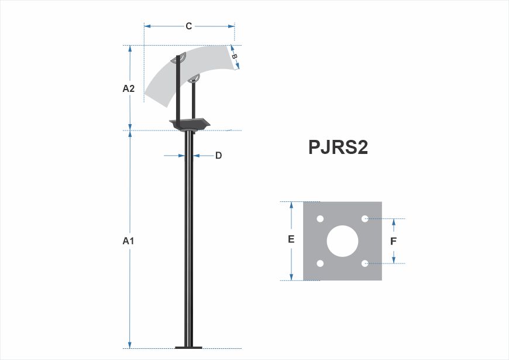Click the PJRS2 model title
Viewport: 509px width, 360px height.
click(x=338, y=147)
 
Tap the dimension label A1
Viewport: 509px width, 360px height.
click(x=128, y=241)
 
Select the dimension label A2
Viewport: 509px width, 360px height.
click(x=128, y=88)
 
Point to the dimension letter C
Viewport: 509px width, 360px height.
click(x=189, y=26)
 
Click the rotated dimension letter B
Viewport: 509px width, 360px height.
click(x=235, y=57)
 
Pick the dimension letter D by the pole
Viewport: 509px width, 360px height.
click(x=218, y=156)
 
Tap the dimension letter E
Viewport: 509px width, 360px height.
click(x=291, y=239)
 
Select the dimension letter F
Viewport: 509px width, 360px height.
click(x=393, y=241)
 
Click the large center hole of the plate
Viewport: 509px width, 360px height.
click(x=342, y=241)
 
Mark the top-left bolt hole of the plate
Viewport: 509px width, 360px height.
click(x=320, y=219)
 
